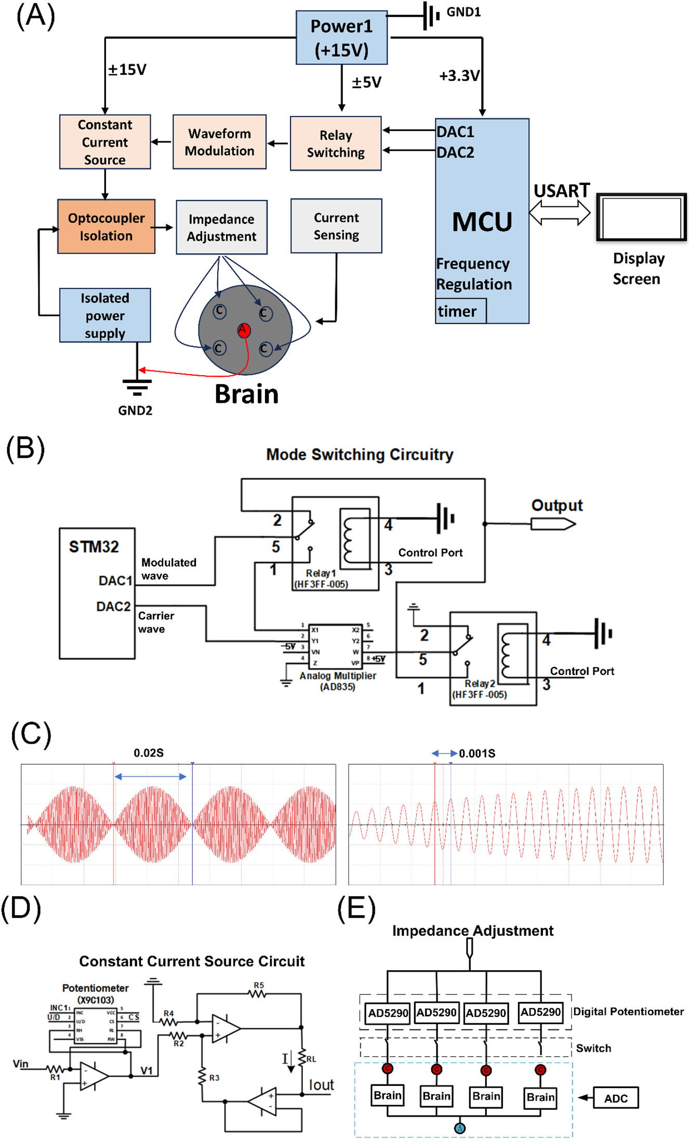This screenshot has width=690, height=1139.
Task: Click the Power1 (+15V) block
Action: pyautogui.click(x=341, y=37)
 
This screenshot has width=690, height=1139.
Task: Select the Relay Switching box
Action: pyautogui.click(x=336, y=143)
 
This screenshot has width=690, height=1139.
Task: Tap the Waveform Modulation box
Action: pyautogui.click(x=219, y=142)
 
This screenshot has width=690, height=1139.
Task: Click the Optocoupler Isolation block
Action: pyautogui.click(x=106, y=227)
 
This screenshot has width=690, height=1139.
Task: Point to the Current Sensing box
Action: pyautogui.click(x=336, y=226)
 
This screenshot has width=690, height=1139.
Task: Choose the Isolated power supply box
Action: pyautogui.click(x=105, y=315)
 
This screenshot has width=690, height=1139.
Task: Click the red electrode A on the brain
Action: pyautogui.click(x=244, y=330)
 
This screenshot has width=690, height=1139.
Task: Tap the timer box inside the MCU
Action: pyautogui.click(x=460, y=311)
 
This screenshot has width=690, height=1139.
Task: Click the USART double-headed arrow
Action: pyautogui.click(x=560, y=213)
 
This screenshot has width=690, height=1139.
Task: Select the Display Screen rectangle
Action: pyautogui.click(x=641, y=217)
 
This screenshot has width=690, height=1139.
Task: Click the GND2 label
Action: pyautogui.click(x=135, y=410)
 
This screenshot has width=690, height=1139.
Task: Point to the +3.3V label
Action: pyautogui.click(x=459, y=76)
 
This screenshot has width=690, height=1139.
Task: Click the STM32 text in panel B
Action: pyautogui.click(x=94, y=547)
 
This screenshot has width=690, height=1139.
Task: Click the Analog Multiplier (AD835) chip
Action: pyautogui.click(x=335, y=646)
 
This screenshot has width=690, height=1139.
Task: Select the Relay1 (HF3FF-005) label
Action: pyautogui.click(x=321, y=578)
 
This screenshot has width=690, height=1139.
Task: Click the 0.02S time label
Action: pyautogui.click(x=149, y=753)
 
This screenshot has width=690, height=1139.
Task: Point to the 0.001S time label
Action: pyautogui.click(x=477, y=753)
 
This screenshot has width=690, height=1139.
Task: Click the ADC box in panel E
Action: pyautogui.click(x=616, y=1098)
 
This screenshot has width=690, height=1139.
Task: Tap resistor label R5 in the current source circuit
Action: pyautogui.click(x=259, y=985)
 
